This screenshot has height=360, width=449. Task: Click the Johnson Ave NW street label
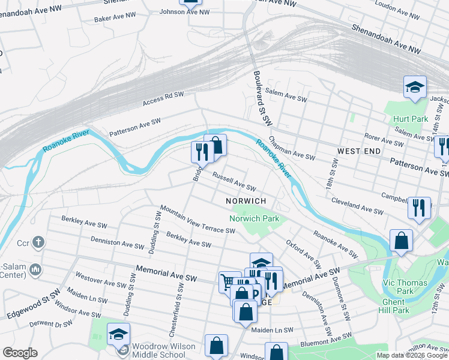pos(185,11)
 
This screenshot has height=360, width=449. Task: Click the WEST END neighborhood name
pos(358,151)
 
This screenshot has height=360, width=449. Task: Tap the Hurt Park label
pos(411,119)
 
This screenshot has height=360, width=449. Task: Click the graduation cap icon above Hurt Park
pos(414,88)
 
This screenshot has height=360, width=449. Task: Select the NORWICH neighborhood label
pos(245,200)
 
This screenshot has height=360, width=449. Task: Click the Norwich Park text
pos(254,218)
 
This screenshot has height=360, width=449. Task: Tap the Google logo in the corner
pos(20,353)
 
